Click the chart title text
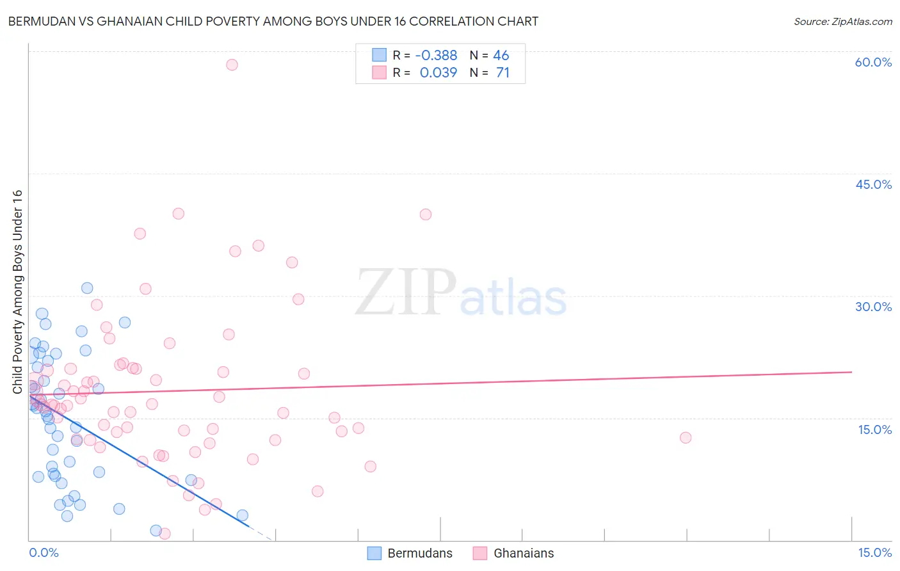273,21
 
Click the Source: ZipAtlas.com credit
842,21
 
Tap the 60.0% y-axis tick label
873,62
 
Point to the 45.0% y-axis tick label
873,184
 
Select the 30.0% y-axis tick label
873,307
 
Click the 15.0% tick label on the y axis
874,430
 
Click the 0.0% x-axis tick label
44,552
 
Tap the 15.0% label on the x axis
874,552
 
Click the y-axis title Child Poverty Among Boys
17,291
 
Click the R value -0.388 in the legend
436,56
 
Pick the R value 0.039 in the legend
438,73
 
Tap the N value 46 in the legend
501,56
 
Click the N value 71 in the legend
502,73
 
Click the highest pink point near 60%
232,65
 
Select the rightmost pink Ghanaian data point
686,438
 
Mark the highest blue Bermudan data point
87,288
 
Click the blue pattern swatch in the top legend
379,55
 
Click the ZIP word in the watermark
406,293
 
